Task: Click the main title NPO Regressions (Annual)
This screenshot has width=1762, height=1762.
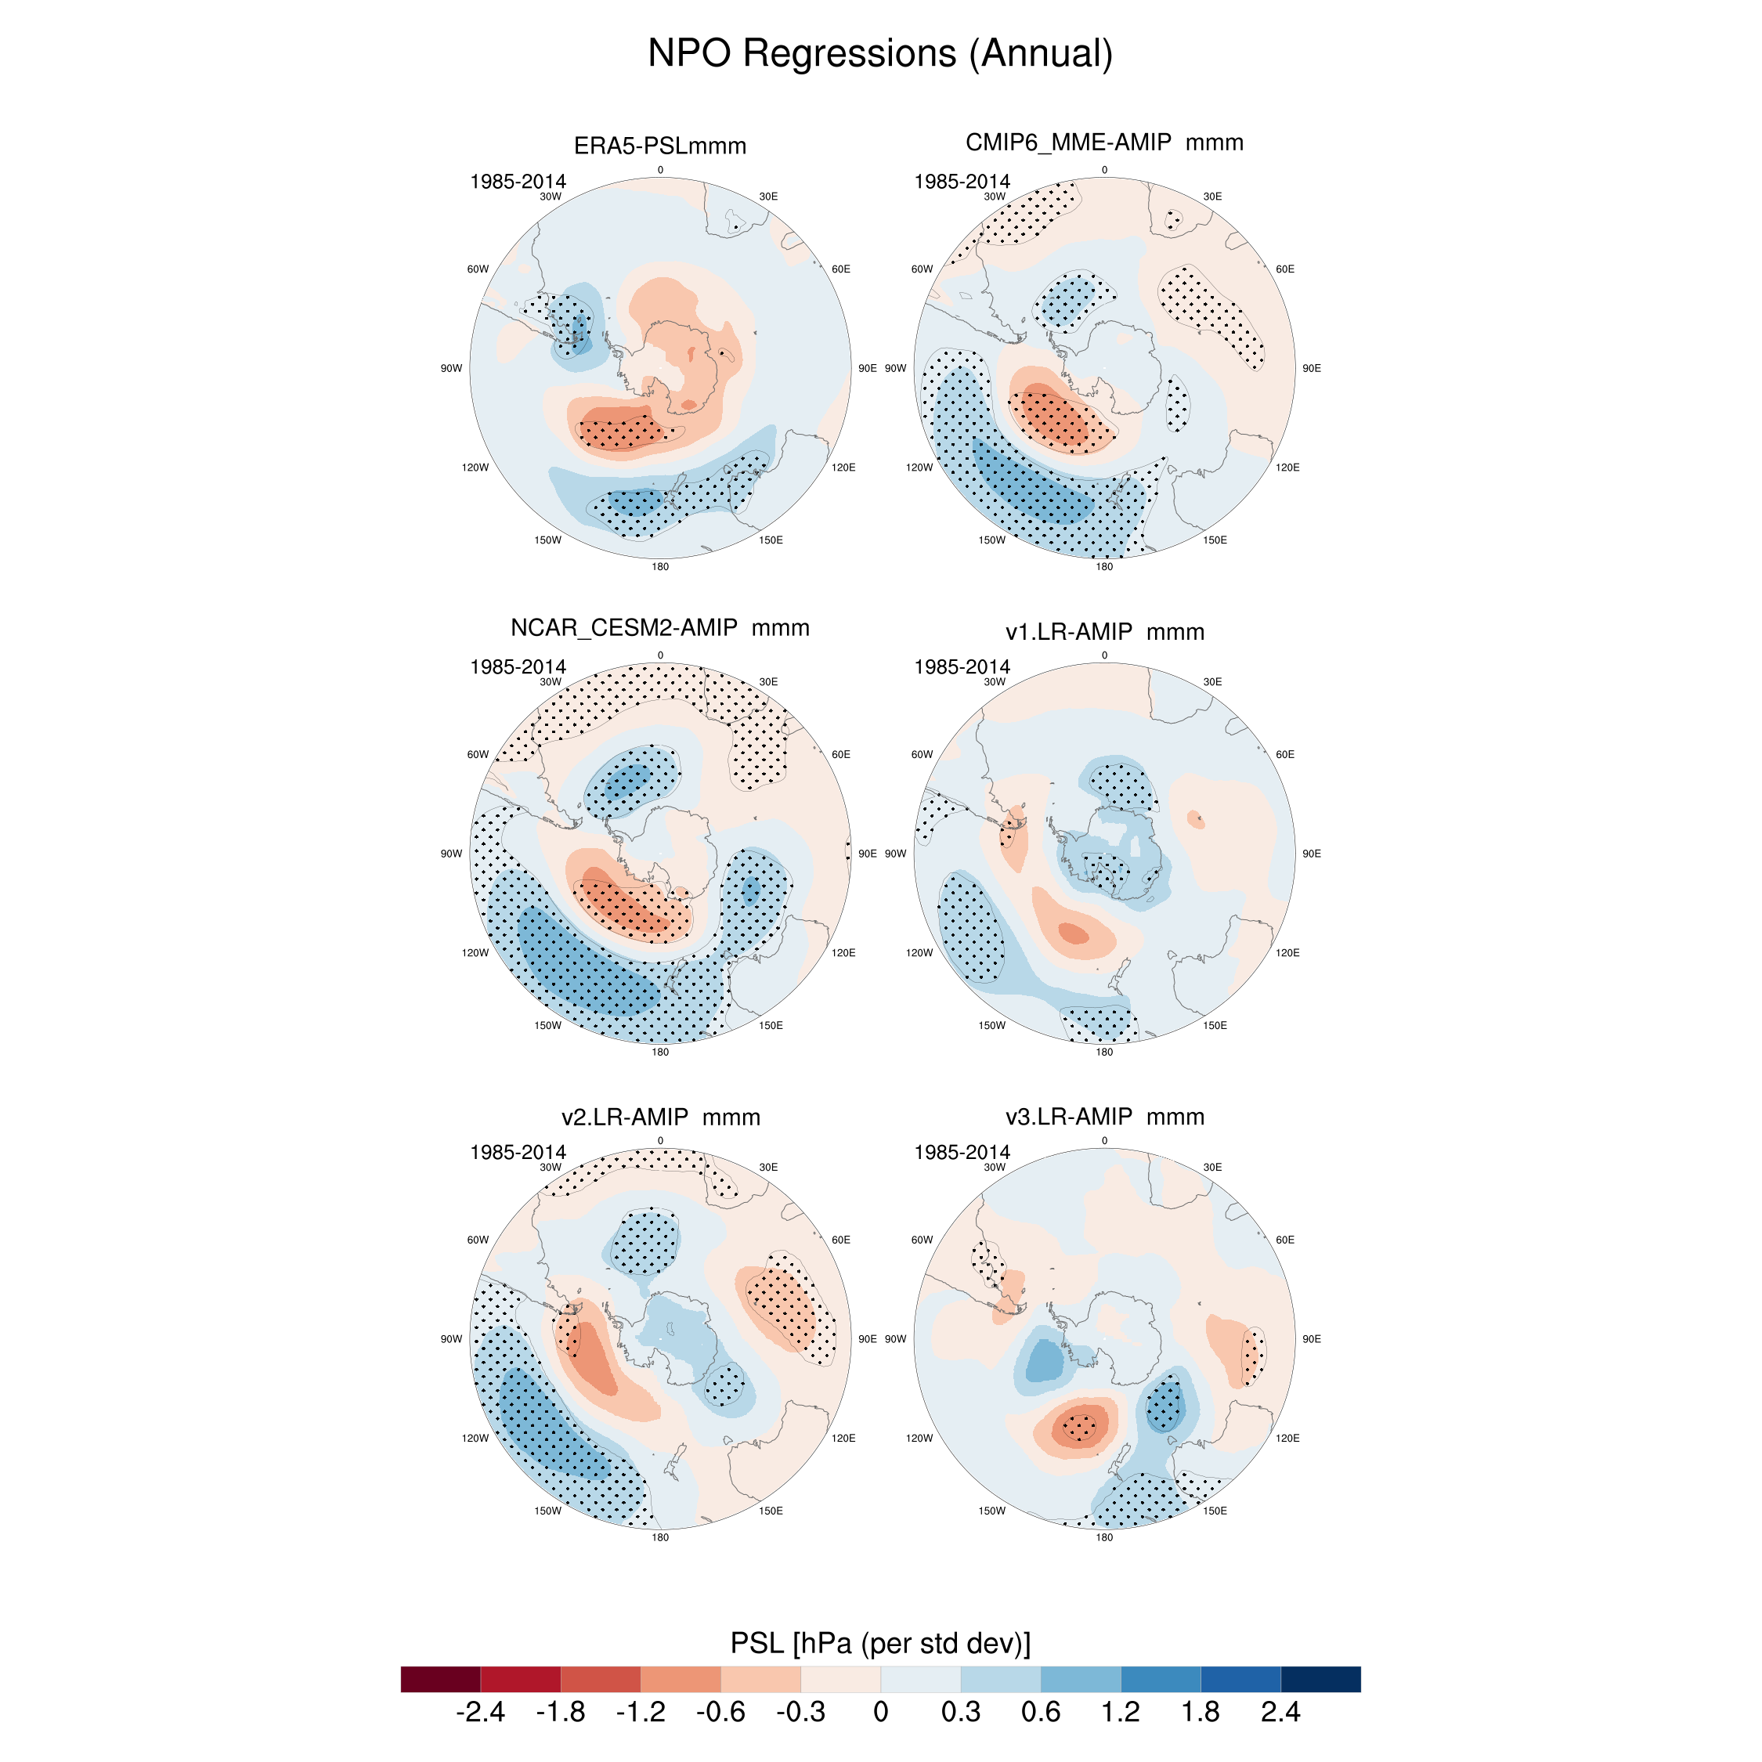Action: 880,53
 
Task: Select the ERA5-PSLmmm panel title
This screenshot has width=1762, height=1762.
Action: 659,146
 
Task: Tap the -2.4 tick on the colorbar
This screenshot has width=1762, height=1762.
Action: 480,1712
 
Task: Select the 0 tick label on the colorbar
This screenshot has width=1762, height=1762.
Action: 880,1712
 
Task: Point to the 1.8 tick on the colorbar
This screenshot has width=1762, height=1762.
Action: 1201,1712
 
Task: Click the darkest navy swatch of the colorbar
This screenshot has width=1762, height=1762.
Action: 1320,1679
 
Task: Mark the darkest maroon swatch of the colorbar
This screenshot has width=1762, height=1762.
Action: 440,1679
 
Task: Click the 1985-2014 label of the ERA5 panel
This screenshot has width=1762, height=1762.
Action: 518,182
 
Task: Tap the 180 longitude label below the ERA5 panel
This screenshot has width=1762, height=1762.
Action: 660,566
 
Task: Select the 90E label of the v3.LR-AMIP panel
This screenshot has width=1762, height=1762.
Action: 1312,1339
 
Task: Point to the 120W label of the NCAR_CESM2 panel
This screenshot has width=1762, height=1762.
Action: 475,953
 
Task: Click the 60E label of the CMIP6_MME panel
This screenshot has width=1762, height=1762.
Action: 1285,269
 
